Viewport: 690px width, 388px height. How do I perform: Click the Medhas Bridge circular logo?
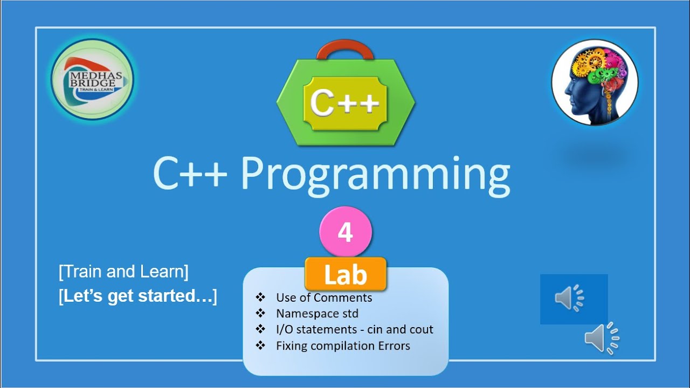pos(92,79)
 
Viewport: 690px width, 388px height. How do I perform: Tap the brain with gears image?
pos(595,82)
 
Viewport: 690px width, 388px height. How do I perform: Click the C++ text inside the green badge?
pos(345,102)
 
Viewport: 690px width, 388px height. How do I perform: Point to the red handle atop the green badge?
pos(345,50)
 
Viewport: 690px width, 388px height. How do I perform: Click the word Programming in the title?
pos(375,174)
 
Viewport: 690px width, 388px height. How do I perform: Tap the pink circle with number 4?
pos(346,233)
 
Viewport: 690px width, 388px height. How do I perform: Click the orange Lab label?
pos(346,275)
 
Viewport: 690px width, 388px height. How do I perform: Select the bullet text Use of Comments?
pos(324,297)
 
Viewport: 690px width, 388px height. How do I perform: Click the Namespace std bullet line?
pos(317,313)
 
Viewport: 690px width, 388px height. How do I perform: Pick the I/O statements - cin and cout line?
pos(354,329)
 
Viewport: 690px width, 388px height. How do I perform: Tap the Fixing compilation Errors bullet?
pos(343,345)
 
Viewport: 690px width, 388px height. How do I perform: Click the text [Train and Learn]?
pos(123,272)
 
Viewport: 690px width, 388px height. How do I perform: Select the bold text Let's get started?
pos(138,296)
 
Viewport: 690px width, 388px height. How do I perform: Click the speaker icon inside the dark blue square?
pos(570,299)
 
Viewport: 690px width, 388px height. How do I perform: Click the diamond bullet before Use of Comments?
pos(261,297)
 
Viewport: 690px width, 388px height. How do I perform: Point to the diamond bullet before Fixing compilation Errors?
pos(261,345)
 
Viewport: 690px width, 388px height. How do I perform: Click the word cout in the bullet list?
pos(419,329)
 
